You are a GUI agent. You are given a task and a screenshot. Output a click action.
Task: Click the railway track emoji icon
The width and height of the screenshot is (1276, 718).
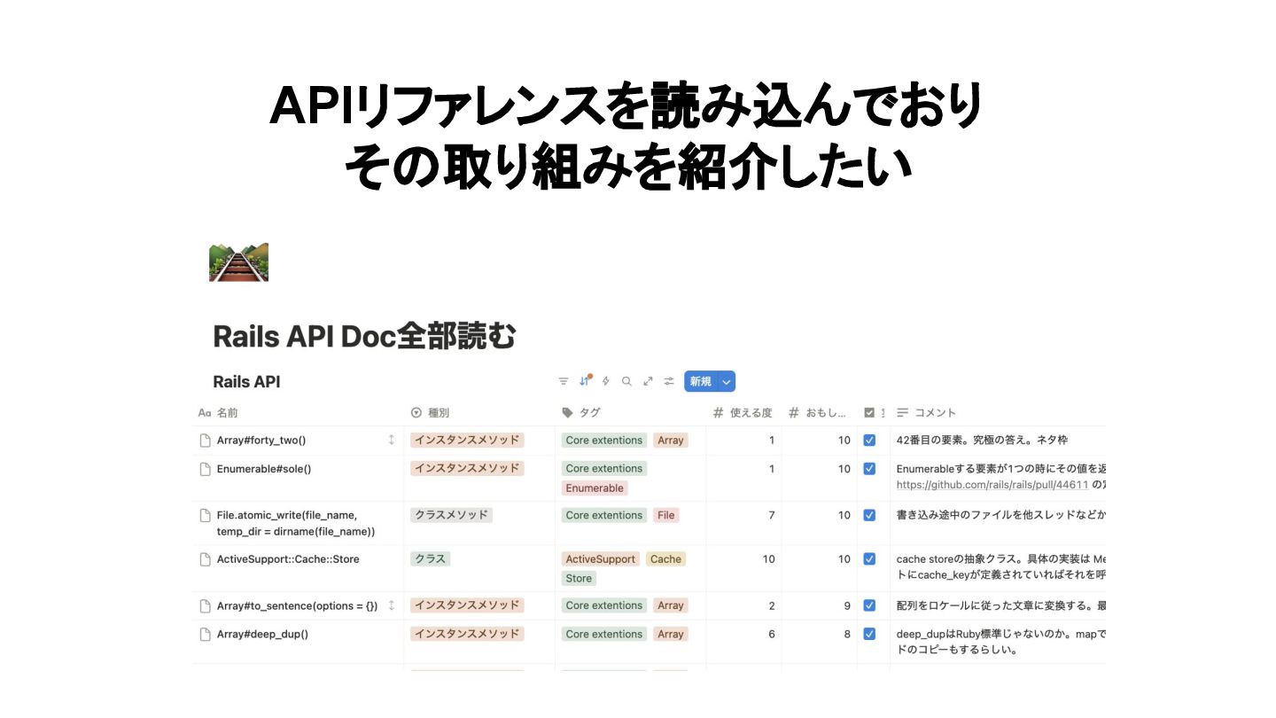(238, 262)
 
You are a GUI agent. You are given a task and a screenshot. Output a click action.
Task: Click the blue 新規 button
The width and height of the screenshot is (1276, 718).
(701, 381)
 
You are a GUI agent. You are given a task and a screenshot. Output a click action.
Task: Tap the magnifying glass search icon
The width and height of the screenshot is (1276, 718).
(626, 381)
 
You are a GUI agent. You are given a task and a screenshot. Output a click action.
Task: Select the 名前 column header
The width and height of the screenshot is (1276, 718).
(227, 412)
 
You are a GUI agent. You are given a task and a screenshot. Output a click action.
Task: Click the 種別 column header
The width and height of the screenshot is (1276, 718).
(439, 412)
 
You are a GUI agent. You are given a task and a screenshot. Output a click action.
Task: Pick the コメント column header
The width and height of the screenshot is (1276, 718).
(935, 412)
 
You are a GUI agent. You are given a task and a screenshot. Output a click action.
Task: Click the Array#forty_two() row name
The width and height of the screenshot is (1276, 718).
(261, 440)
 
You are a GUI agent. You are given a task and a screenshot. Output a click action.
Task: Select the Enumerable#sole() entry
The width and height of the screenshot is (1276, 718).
(264, 468)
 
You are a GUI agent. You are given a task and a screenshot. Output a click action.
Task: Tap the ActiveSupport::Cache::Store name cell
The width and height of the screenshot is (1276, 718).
(288, 559)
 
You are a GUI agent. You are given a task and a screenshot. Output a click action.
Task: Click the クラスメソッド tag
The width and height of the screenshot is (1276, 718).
(452, 515)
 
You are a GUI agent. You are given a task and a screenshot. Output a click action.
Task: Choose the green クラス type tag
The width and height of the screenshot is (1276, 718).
(431, 559)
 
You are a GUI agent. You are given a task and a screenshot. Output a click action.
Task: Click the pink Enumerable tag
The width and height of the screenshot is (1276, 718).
(595, 488)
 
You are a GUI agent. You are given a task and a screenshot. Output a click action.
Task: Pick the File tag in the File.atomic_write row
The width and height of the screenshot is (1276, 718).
(665, 515)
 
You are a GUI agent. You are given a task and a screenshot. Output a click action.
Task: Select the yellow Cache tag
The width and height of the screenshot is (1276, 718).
(665, 559)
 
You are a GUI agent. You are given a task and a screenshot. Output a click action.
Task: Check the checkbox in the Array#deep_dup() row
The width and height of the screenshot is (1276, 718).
(869, 634)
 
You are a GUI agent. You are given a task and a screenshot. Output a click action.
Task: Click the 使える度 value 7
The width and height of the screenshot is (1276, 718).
(771, 515)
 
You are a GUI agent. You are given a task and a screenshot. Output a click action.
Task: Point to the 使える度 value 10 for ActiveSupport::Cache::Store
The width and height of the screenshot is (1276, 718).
(768, 559)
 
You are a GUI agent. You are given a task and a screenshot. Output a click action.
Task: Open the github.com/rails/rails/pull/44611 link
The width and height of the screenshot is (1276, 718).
(992, 485)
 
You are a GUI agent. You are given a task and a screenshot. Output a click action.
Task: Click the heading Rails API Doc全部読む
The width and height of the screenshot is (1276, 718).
(364, 337)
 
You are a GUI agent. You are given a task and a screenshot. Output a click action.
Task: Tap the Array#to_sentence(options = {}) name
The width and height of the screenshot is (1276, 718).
(297, 605)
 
